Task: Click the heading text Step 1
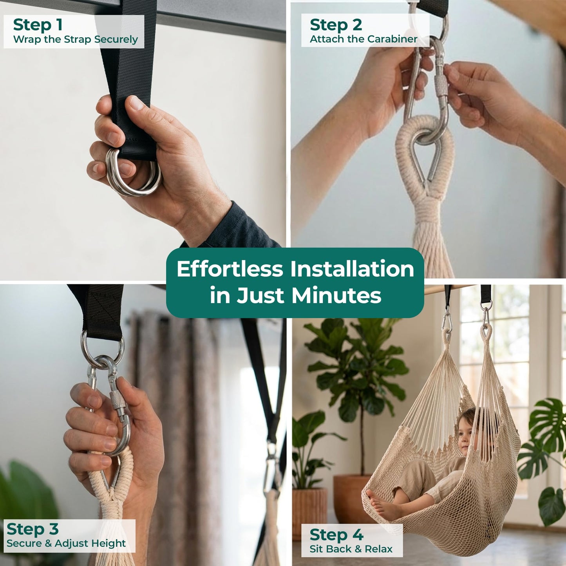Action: pyautogui.click(x=38, y=25)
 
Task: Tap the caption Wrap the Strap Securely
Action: pyautogui.click(x=76, y=39)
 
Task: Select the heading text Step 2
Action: pyautogui.click(x=336, y=25)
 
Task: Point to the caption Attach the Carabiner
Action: pyautogui.click(x=363, y=39)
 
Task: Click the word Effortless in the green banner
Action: pyautogui.click(x=230, y=269)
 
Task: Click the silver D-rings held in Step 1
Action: pyautogui.click(x=133, y=173)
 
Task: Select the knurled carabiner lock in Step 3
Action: pyautogui.click(x=117, y=402)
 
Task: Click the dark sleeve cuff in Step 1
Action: pyautogui.click(x=235, y=226)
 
